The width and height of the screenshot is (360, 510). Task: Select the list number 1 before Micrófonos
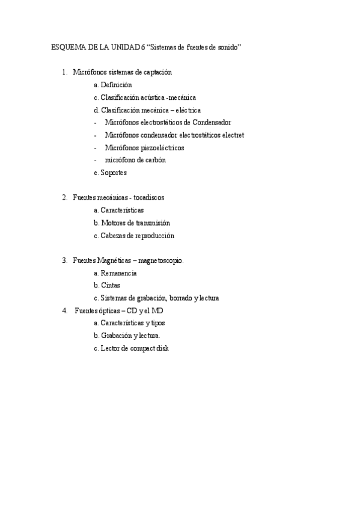tap(64, 72)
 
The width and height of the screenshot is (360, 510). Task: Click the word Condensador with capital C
tap(212, 122)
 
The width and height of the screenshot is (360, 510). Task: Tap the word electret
tap(233, 135)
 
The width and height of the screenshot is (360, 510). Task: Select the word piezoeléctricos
tap(163, 147)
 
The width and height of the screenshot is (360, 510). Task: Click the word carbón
tap(153, 160)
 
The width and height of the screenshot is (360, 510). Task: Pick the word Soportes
tap(114, 173)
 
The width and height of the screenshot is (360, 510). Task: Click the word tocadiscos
tap(148, 197)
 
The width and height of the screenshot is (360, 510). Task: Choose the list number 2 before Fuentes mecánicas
tap(64, 197)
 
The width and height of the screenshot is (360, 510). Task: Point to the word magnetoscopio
tap(162, 260)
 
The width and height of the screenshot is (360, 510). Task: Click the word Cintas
tap(110, 285)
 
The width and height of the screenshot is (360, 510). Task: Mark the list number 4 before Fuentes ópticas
tap(64, 311)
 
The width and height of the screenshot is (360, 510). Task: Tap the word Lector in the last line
tap(110, 348)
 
